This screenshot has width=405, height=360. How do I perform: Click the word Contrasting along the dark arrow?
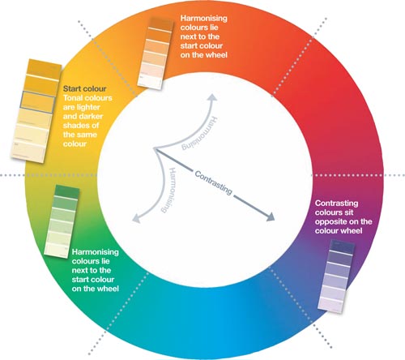pyautogui.click(x=213, y=182)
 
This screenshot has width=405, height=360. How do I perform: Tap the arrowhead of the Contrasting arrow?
pyautogui.click(x=270, y=216)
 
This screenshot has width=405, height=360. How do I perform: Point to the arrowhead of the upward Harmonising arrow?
pyautogui.click(x=212, y=97)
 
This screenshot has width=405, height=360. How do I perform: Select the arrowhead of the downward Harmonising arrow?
pyautogui.click(x=136, y=218)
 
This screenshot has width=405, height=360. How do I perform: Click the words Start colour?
pyautogui.click(x=84, y=88)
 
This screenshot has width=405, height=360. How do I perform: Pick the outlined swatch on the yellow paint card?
pyautogui.click(x=38, y=102)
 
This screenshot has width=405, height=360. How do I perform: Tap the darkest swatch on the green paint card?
pyautogui.click(x=66, y=192)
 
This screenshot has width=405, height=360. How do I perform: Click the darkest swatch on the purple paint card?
pyautogui.click(x=343, y=246)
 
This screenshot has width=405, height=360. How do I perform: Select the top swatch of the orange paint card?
pyautogui.click(x=160, y=24)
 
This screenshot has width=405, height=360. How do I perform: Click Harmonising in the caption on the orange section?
pyautogui.click(x=204, y=19)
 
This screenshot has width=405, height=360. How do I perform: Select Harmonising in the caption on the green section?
pyautogui.click(x=96, y=252)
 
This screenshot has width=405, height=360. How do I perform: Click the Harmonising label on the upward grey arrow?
pyautogui.click(x=200, y=133)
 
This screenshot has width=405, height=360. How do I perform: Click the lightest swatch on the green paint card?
pyautogui.click(x=56, y=250)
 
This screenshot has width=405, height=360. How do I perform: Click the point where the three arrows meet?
pyautogui.click(x=154, y=148)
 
